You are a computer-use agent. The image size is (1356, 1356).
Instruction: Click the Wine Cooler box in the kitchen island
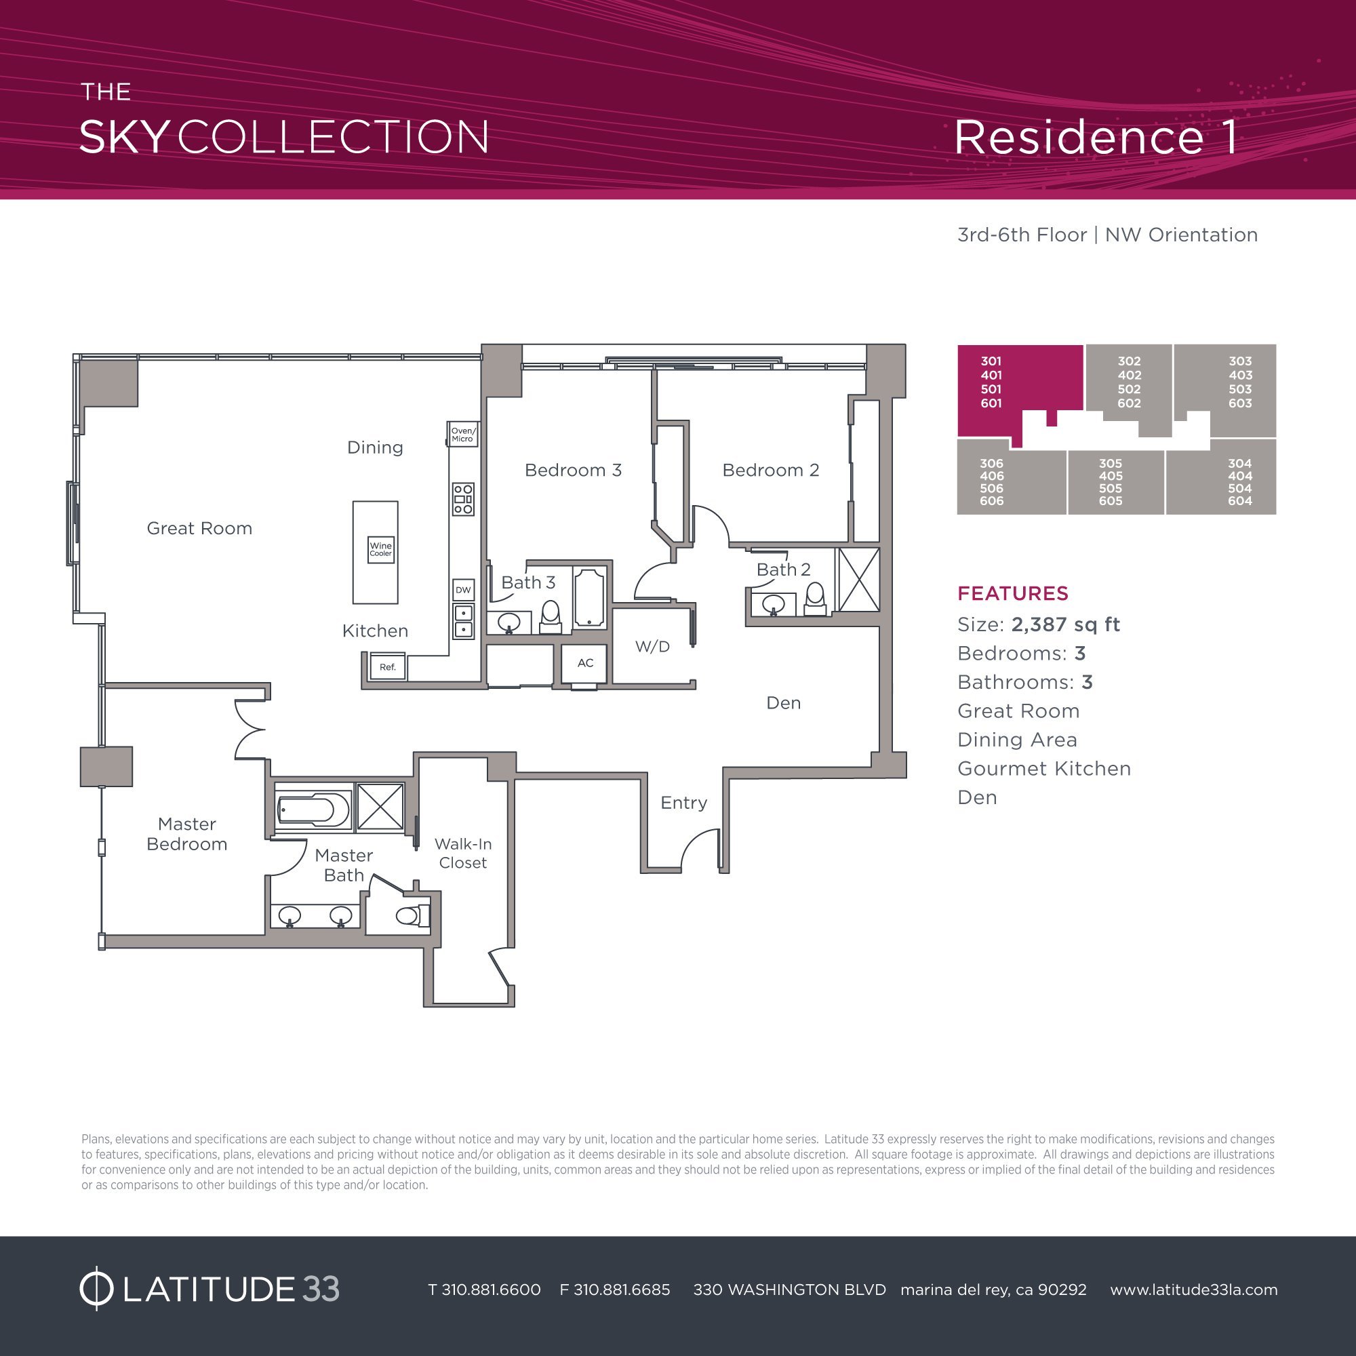(x=380, y=549)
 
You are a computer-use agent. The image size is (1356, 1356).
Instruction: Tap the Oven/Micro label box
(x=462, y=435)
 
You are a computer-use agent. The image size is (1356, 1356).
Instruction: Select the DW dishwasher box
(x=463, y=590)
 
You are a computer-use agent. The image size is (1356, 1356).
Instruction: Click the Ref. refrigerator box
(x=388, y=666)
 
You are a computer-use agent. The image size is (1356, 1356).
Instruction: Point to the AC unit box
(x=585, y=663)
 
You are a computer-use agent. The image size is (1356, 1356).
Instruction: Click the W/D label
(x=652, y=646)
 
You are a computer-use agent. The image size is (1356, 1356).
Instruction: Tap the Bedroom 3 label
(x=573, y=471)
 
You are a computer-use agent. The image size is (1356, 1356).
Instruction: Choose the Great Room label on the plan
(x=199, y=529)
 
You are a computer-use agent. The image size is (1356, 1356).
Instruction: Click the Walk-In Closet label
(x=462, y=854)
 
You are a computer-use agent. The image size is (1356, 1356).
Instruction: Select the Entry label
(x=683, y=803)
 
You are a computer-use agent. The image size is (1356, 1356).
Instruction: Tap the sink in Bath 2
(x=774, y=603)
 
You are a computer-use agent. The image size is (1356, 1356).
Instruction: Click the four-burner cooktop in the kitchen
(x=462, y=499)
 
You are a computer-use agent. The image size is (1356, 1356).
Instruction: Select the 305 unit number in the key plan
(x=1111, y=464)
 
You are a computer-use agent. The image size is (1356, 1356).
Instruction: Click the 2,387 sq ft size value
(x=1064, y=624)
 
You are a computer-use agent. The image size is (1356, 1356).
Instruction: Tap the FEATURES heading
(x=1013, y=594)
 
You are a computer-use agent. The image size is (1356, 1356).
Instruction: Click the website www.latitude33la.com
(x=1193, y=1290)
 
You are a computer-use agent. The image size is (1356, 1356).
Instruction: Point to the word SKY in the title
(x=124, y=138)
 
